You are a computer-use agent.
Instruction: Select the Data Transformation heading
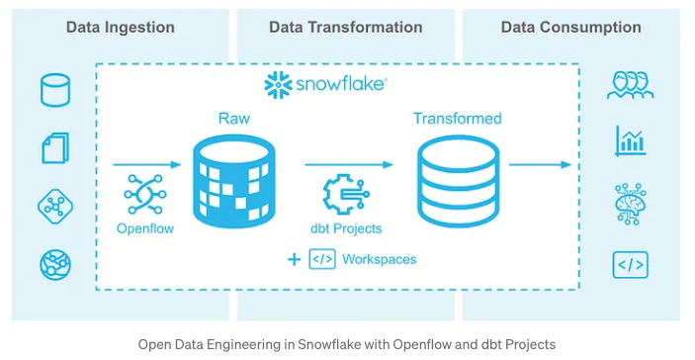click(345, 27)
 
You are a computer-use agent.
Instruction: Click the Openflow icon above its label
click(146, 196)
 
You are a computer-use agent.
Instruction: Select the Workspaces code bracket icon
click(322, 259)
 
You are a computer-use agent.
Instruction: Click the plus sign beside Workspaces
click(294, 259)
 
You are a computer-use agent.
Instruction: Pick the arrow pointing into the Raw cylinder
click(147, 165)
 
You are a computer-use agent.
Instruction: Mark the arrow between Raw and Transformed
click(342, 165)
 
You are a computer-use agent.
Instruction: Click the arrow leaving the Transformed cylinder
click(538, 165)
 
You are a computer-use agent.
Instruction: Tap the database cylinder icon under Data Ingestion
click(55, 90)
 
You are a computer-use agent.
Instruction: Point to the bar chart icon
click(630, 140)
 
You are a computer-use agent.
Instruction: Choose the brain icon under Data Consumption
click(630, 202)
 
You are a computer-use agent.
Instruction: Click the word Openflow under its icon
click(146, 228)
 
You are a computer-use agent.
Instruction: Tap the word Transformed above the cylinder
click(457, 119)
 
